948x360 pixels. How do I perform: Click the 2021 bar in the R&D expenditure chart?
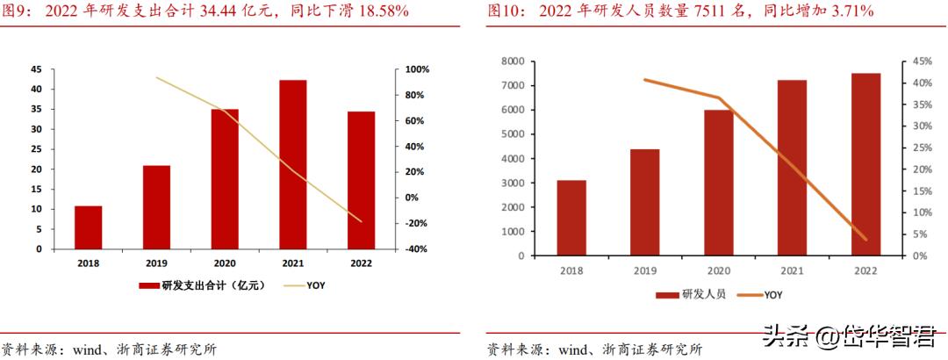[292, 164]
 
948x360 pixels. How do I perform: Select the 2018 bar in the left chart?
[88, 227]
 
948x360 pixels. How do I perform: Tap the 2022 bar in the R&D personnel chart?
[865, 164]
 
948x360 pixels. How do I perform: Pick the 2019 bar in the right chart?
[644, 203]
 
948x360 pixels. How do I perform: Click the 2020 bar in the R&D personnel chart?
[718, 183]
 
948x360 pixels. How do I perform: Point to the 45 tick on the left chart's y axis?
[36, 69]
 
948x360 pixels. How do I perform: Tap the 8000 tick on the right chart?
[513, 61]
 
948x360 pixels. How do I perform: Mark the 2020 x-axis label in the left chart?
[225, 262]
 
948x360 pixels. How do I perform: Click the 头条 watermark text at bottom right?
[784, 335]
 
